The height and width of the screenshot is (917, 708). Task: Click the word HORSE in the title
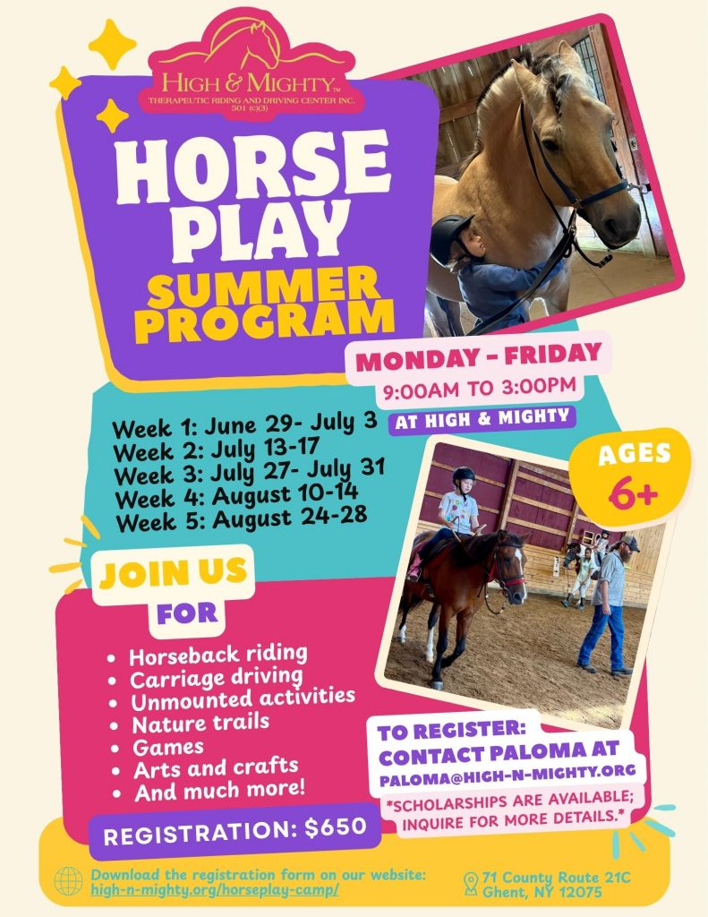252,166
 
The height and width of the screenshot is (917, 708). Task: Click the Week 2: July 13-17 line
217,450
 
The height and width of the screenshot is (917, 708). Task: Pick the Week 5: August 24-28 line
242,518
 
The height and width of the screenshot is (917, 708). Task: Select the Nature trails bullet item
200,724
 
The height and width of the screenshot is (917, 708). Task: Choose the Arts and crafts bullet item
216,767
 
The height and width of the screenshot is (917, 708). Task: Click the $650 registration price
337,827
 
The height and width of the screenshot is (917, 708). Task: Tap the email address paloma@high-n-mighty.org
508,775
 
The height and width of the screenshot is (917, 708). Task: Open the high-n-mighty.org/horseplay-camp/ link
215,890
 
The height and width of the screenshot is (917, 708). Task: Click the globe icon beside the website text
68,881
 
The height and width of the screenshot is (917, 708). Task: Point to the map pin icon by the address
471,884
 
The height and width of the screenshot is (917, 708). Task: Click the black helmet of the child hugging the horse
449,236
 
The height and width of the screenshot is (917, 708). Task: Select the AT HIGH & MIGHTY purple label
482,418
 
